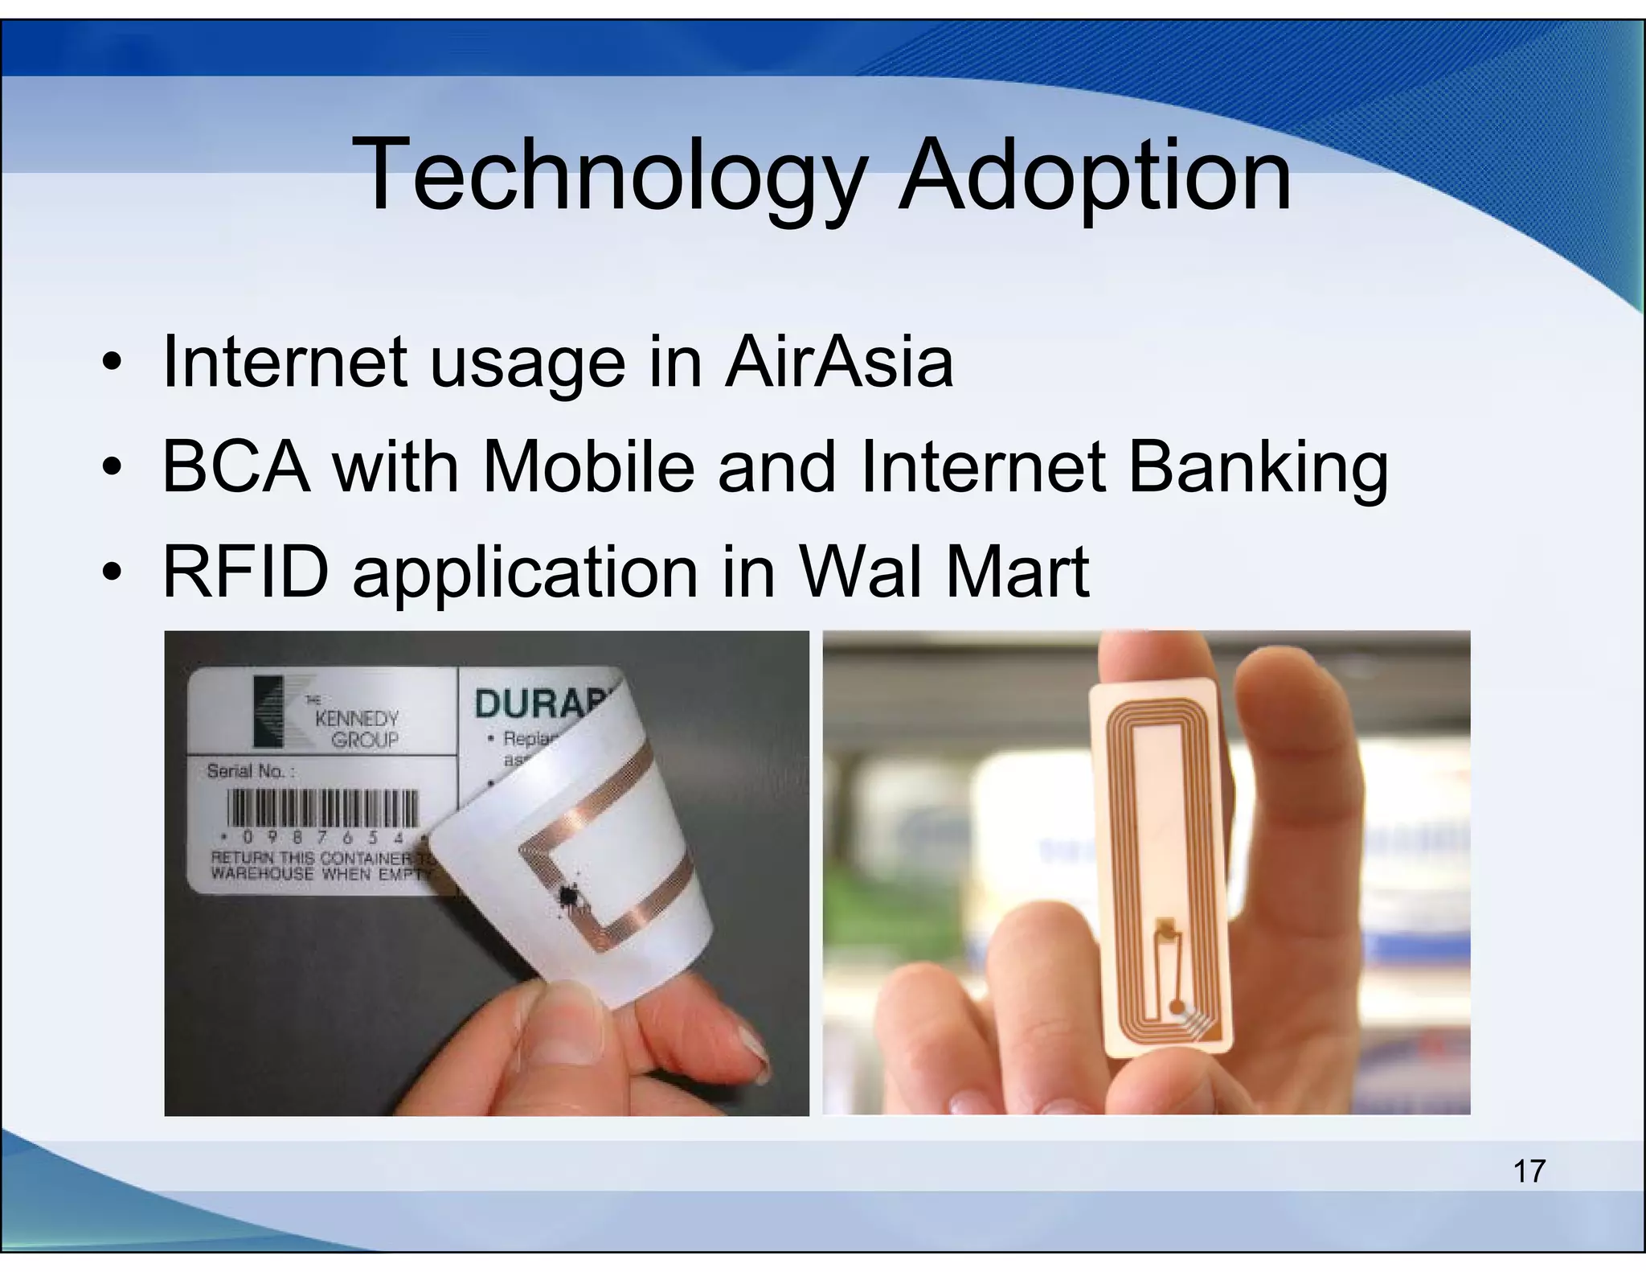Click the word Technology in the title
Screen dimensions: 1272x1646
coord(611,175)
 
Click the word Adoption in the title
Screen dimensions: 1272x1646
coord(1094,175)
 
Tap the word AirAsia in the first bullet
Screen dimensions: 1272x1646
coord(838,363)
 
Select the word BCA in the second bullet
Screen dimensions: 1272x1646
coord(236,467)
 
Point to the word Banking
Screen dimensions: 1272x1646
coord(1259,469)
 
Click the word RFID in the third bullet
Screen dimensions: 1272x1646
coord(246,572)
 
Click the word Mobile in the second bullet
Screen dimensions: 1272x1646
coord(588,467)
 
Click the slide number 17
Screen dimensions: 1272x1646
coord(1529,1171)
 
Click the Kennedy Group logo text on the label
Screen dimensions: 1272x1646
coord(356,728)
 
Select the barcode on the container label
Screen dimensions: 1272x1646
coord(322,806)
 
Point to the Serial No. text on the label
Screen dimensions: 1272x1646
coord(251,771)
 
